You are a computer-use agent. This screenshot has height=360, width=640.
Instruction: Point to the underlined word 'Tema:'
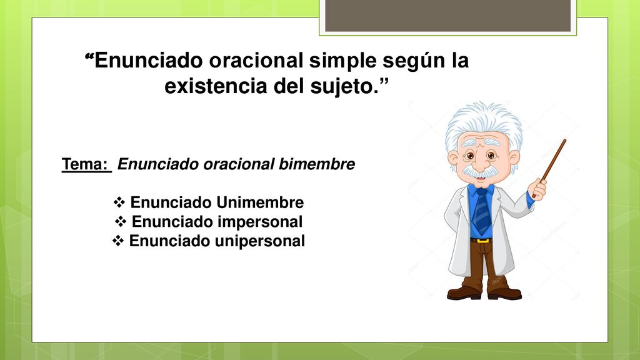85,164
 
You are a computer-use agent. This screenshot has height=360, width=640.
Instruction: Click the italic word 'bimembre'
317,164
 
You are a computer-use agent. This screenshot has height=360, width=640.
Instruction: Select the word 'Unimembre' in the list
259,202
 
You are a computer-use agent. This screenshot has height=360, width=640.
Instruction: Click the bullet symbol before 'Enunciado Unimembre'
119,202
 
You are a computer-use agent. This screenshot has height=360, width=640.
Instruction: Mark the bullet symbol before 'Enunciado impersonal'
121,222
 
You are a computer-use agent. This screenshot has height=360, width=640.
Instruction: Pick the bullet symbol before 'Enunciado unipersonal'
118,241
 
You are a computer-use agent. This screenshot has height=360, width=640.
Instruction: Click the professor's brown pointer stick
549,167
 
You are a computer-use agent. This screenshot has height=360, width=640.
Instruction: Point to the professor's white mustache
481,171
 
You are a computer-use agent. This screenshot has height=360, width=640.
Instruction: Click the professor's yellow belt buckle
482,241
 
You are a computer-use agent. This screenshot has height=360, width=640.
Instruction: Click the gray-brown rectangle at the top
447,16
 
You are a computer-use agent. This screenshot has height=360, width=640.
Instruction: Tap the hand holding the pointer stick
538,189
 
